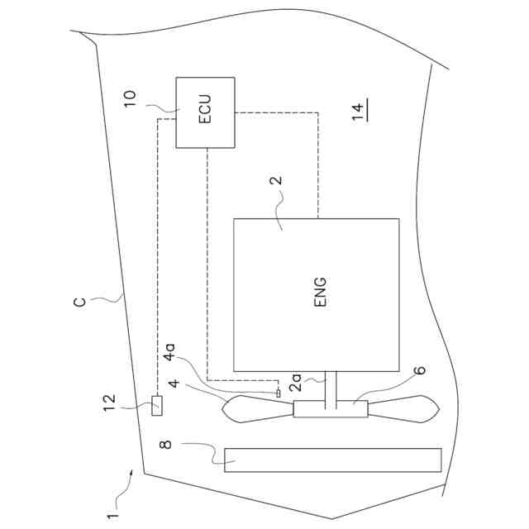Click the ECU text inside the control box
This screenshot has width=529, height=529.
tap(205, 108)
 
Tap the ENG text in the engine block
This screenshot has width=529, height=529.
tap(320, 292)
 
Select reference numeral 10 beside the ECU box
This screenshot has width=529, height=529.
tap(131, 99)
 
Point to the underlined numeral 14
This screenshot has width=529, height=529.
tap(359, 112)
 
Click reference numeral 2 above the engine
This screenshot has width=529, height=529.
tap(276, 180)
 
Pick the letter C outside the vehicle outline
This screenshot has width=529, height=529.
tap(79, 301)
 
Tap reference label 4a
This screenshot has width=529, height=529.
tap(169, 352)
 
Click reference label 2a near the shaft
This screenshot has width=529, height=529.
tap(296, 383)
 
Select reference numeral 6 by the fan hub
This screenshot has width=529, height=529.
tap(420, 370)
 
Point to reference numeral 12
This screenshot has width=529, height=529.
tap(109, 403)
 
